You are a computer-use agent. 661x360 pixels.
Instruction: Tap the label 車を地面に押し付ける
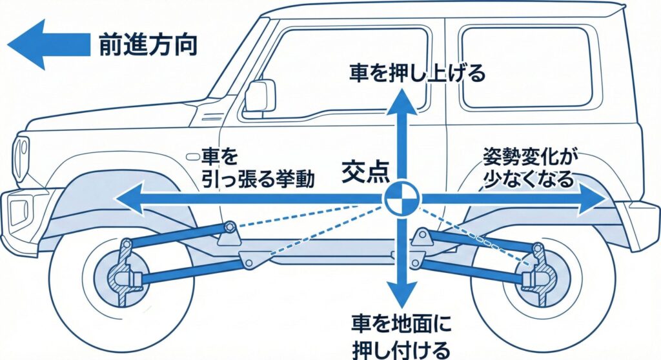point(400,335)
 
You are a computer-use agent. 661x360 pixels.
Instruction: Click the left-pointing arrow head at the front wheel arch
point(129,199)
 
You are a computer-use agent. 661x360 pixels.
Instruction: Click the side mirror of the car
point(259,96)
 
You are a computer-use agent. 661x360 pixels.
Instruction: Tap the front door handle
point(192,157)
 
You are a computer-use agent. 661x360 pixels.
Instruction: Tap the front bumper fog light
point(17,209)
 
